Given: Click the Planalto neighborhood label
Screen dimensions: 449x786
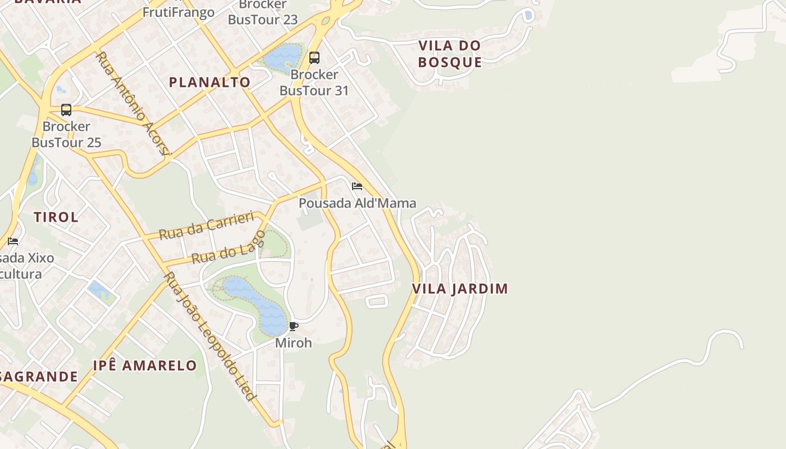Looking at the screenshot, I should (x=209, y=82).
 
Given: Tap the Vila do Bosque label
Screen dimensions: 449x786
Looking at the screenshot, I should (x=450, y=54).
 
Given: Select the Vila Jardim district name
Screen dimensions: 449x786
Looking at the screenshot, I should (x=460, y=288).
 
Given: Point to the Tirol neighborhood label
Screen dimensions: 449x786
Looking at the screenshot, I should (x=56, y=217).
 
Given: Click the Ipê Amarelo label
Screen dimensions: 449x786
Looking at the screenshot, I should (x=145, y=366).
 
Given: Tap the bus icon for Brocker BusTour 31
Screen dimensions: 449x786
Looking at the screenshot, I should (x=314, y=57).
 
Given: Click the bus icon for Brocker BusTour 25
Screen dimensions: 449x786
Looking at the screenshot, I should (x=66, y=110).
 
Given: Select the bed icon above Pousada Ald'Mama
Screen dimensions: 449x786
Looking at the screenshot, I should (x=357, y=186).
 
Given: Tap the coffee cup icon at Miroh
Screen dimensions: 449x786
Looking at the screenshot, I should (x=294, y=326).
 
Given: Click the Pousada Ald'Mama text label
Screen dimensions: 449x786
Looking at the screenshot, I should (x=357, y=203).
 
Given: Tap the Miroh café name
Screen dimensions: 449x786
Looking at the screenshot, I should (x=293, y=342).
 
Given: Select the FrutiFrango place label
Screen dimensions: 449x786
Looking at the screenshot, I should (x=179, y=12).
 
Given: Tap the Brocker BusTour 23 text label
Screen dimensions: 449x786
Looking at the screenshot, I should (x=263, y=12).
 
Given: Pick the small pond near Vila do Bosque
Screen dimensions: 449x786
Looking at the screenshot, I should (x=528, y=15).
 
